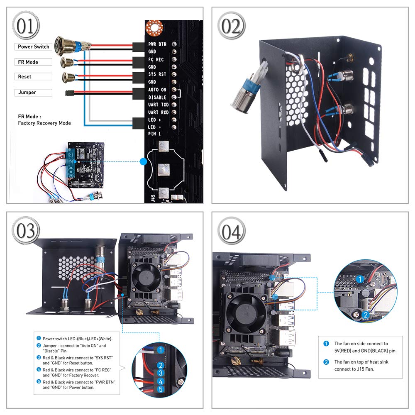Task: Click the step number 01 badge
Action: click(x=26, y=26)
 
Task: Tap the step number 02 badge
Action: click(x=231, y=26)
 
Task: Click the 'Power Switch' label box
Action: click(x=34, y=47)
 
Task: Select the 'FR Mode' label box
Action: click(x=34, y=62)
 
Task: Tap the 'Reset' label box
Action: click(x=34, y=77)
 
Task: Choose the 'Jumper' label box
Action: click(x=34, y=93)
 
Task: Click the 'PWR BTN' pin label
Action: click(x=157, y=44)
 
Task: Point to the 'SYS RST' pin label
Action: click(x=157, y=75)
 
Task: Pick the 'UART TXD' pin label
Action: click(x=159, y=105)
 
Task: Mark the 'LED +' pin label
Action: click(x=154, y=120)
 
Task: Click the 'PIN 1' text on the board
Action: click(x=154, y=134)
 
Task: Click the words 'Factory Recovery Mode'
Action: click(x=44, y=123)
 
